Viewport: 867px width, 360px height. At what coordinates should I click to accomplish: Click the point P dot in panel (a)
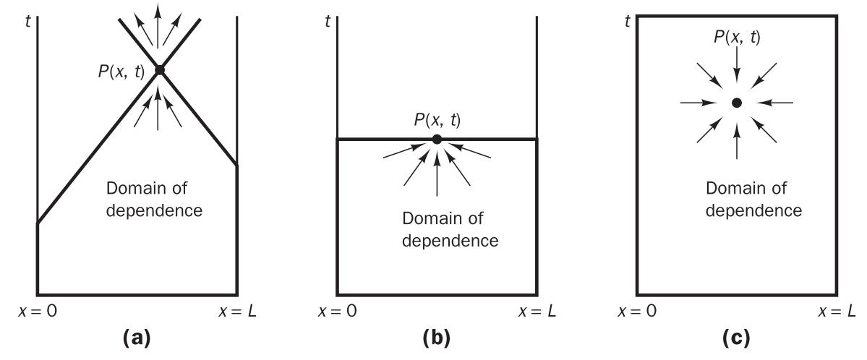click(159, 70)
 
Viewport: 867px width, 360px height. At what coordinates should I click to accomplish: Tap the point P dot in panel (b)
click(437, 139)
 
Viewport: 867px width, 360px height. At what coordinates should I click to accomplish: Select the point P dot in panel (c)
click(736, 103)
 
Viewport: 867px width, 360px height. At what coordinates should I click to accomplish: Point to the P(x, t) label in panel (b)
click(437, 119)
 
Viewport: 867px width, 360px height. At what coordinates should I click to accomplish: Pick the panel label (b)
click(436, 338)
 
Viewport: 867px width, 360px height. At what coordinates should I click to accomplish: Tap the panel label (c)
click(736, 338)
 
